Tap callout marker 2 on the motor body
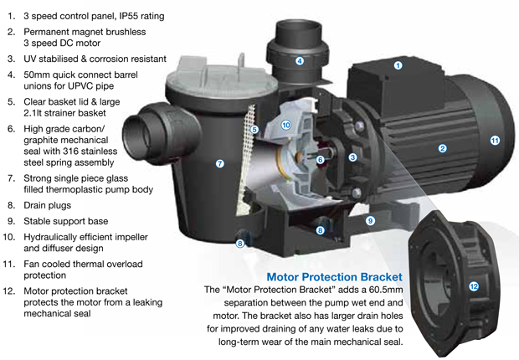pos(442,149)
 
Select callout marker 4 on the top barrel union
pos(299,61)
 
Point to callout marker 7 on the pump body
pos(219,164)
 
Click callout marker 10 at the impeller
pos(285,126)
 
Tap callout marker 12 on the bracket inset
pos(474,286)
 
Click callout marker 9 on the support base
pos(369,221)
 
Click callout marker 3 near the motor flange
pos(353,157)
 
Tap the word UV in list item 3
pos(33,59)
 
